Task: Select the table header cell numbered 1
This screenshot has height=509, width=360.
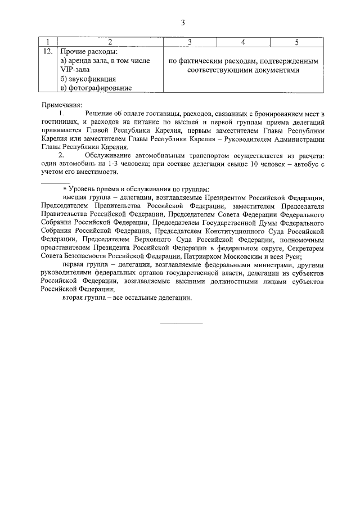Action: click(x=48, y=42)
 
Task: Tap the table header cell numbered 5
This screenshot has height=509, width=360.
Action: click(x=296, y=42)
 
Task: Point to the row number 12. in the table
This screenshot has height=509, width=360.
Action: click(x=48, y=52)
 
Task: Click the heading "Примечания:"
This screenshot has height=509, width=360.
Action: click(x=62, y=105)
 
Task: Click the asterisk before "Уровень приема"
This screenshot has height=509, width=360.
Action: click(x=65, y=189)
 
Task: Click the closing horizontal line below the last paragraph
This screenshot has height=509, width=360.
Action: click(x=181, y=323)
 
